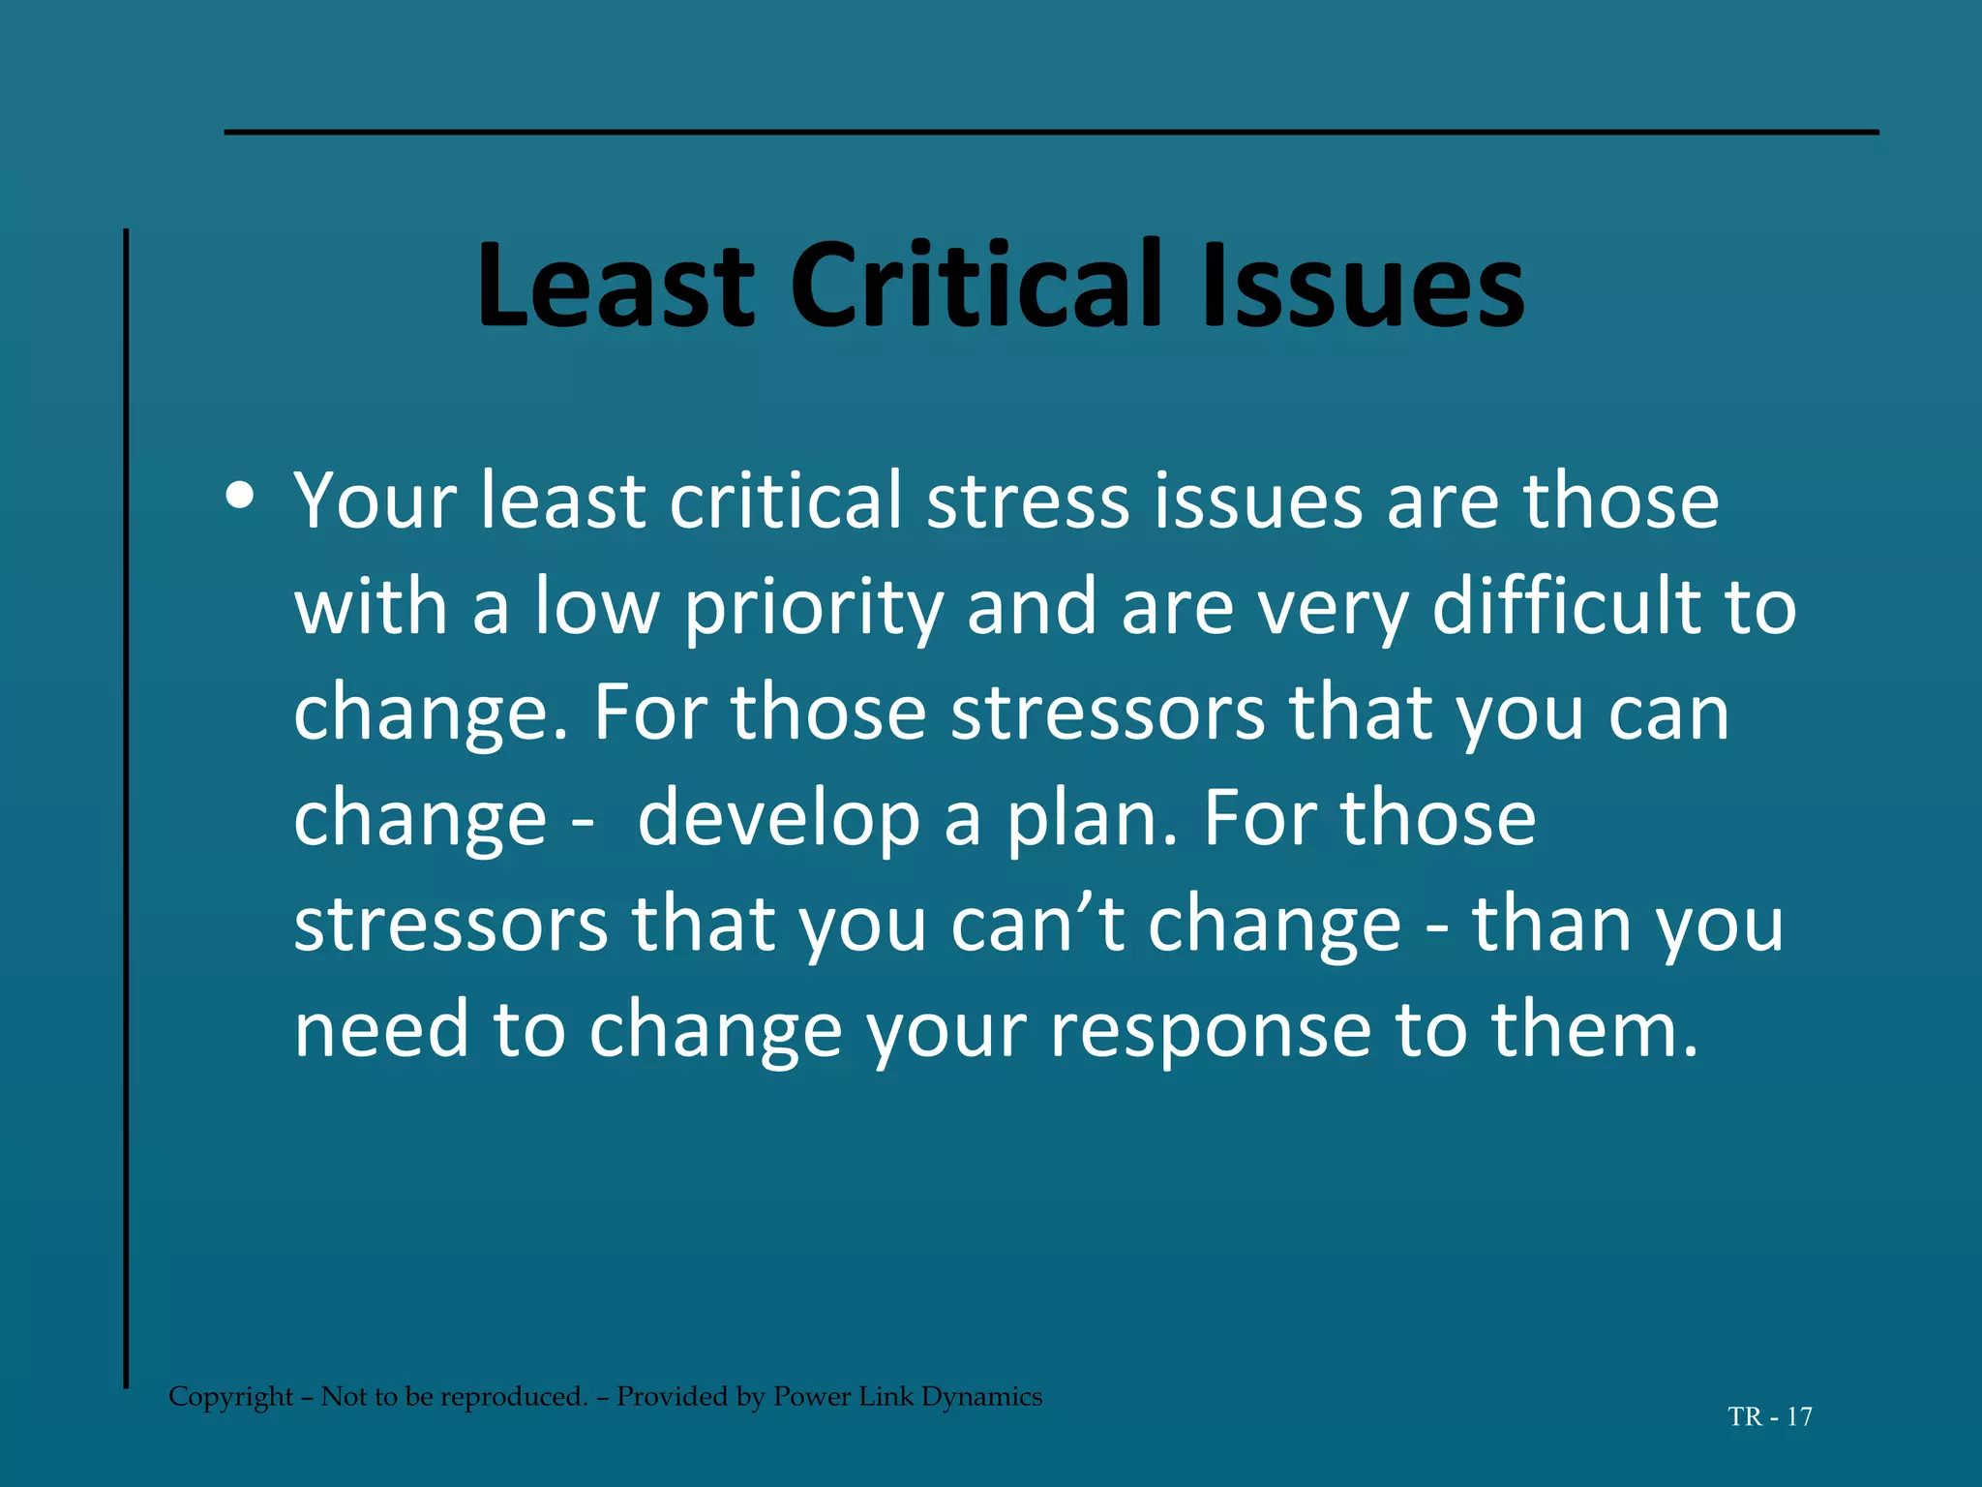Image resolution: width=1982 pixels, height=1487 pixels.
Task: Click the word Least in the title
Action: click(x=616, y=287)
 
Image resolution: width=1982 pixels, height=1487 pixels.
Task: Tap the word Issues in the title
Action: click(x=1362, y=287)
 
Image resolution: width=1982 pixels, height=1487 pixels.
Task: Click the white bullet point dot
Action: click(x=239, y=497)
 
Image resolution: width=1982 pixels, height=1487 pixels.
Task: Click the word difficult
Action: click(x=1565, y=607)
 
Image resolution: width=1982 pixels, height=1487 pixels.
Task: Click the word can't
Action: click(x=1037, y=924)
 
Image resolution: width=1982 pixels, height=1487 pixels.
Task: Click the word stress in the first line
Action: click(x=1028, y=501)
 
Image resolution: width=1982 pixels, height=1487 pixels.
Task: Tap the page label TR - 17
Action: click(x=1769, y=1417)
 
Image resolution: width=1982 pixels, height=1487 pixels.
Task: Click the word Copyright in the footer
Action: click(x=230, y=1397)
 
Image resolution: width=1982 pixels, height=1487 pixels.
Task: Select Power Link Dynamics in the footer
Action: click(x=907, y=1397)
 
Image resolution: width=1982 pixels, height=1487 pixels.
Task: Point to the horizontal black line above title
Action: click(x=1051, y=132)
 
